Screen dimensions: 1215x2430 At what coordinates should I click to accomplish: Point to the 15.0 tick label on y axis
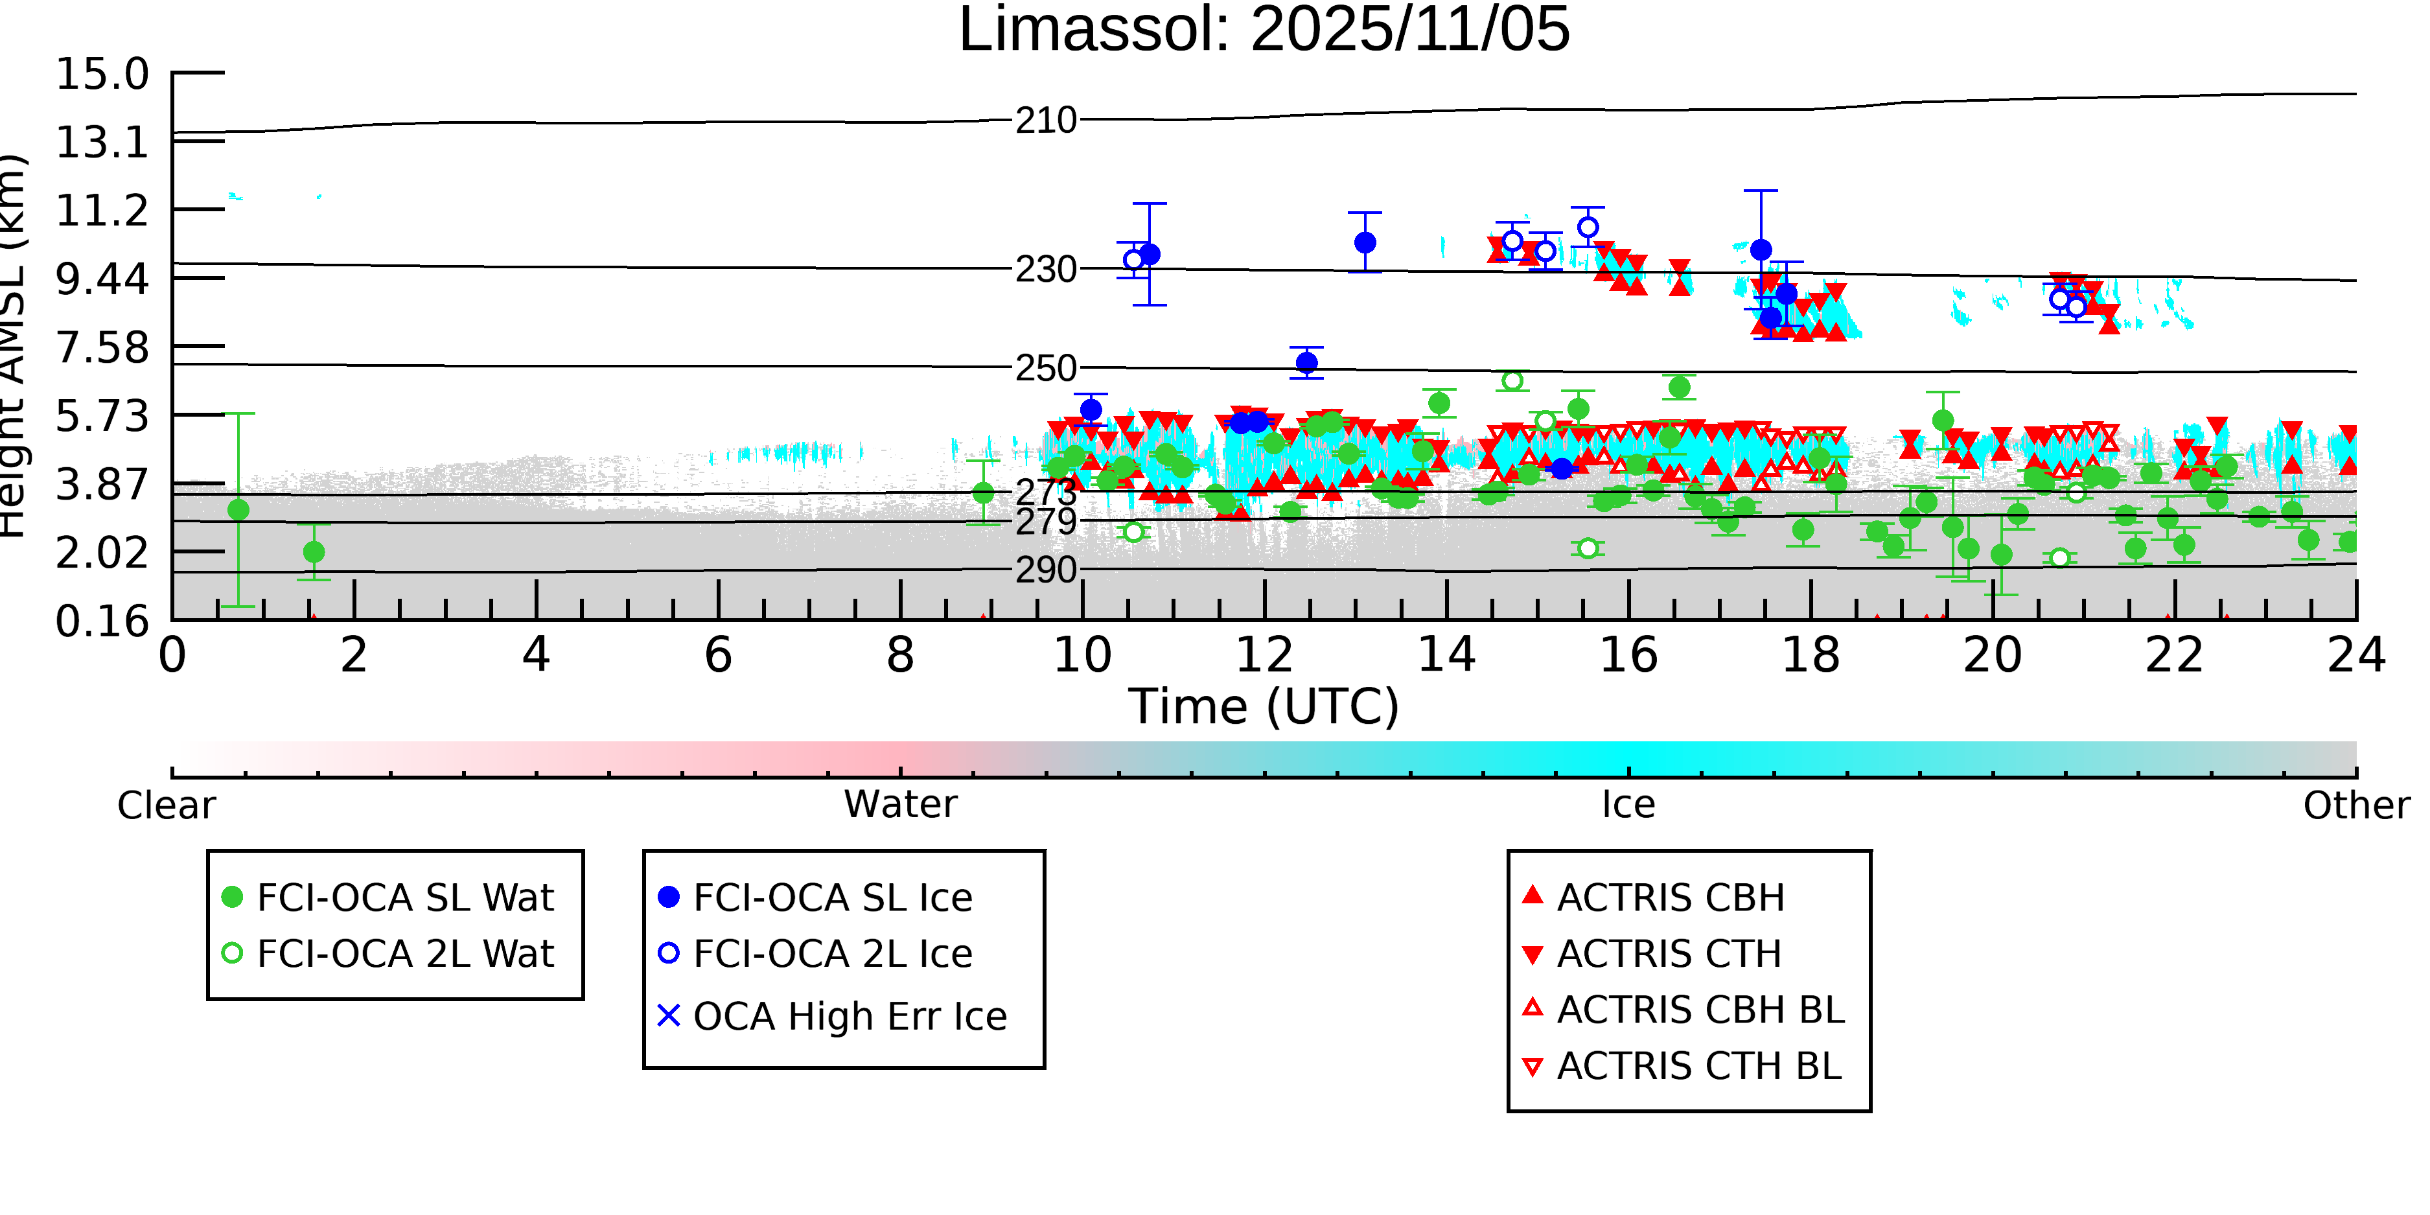click(102, 74)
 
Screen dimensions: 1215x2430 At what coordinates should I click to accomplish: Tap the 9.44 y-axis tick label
click(102, 278)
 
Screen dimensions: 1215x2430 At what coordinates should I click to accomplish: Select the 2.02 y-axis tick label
click(102, 553)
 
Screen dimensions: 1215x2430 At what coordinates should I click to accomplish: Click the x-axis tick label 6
click(718, 654)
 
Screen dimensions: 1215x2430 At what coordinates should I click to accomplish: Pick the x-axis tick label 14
click(1446, 654)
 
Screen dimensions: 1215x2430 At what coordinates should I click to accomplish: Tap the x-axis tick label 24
click(2355, 654)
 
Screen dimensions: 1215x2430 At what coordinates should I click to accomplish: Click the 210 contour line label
click(1045, 121)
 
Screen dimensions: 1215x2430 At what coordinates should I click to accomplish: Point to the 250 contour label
click(1045, 368)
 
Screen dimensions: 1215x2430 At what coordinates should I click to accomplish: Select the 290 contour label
click(1045, 570)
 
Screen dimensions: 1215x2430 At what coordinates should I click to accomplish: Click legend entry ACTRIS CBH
click(1670, 897)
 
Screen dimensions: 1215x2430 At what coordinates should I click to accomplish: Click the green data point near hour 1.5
click(314, 552)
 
